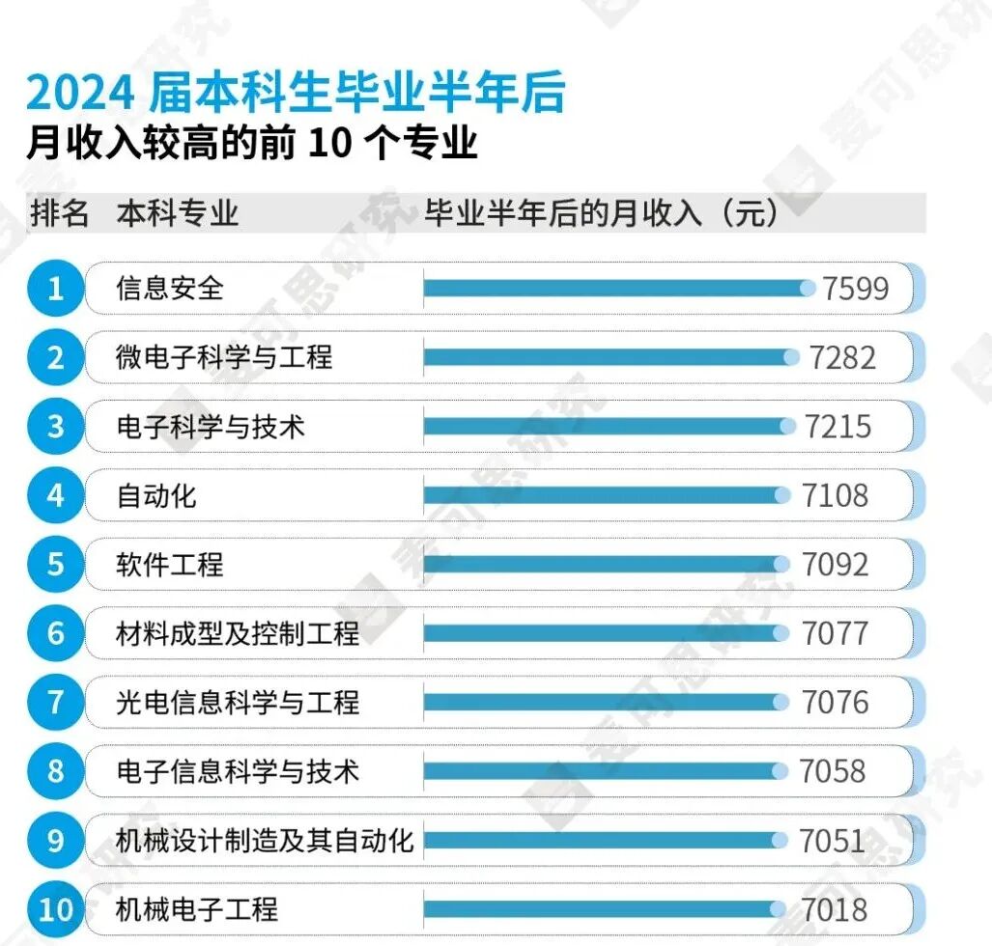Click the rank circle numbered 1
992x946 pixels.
point(55,288)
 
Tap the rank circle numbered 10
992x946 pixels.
point(55,909)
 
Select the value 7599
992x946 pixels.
point(855,288)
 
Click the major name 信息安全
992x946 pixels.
point(170,288)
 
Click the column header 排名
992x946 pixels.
point(60,213)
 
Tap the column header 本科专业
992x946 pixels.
point(177,213)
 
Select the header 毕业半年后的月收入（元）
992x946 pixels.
point(601,213)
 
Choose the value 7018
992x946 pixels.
point(835,909)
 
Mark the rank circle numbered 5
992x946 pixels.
point(55,564)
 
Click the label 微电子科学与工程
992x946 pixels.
point(224,357)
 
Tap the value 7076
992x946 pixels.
point(835,702)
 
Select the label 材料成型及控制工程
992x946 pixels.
point(238,633)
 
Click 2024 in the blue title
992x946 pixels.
point(80,94)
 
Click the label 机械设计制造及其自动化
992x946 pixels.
point(265,840)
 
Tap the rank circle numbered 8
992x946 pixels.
point(55,771)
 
